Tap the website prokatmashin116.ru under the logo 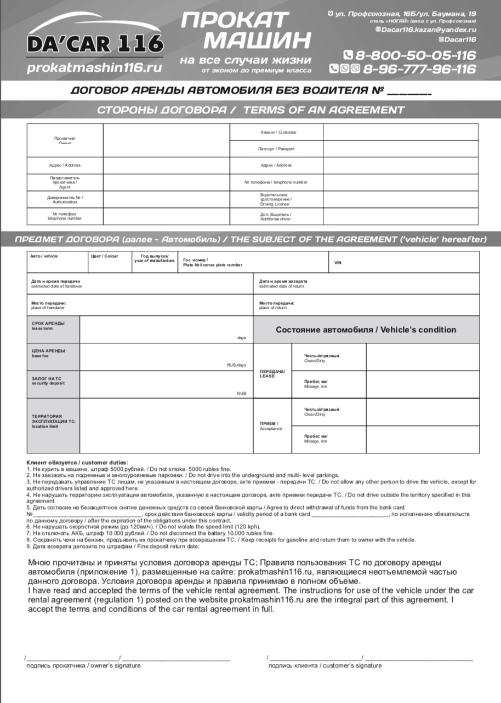[x=94, y=68]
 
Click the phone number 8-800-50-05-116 [x=410, y=55]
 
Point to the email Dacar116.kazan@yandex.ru [x=428, y=30]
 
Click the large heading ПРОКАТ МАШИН [x=245, y=30]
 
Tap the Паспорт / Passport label [x=276, y=148]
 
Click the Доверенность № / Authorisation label [x=65, y=199]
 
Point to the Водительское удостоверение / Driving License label [x=276, y=199]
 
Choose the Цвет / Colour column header [x=104, y=256]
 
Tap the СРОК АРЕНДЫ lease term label [x=49, y=325]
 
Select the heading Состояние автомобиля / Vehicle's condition [x=366, y=330]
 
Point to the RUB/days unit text [x=236, y=365]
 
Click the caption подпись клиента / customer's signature [x=324, y=666]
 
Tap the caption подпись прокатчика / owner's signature [x=83, y=666]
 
